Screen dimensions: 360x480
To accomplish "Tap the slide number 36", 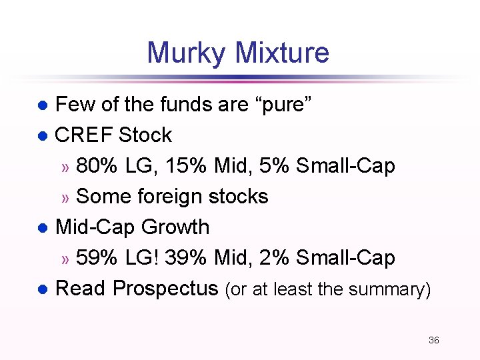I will tap(433, 340).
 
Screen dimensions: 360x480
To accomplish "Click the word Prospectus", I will tap(165, 288).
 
